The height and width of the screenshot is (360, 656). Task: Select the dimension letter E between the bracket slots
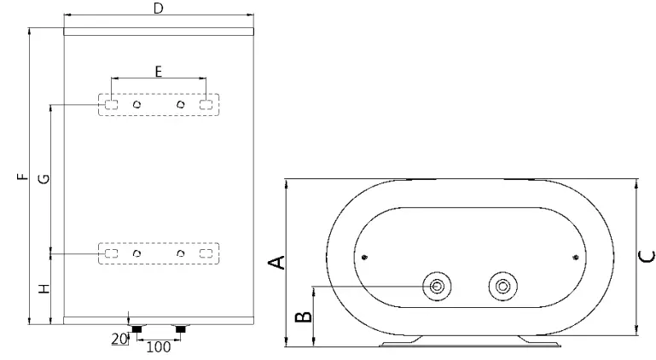click(159, 72)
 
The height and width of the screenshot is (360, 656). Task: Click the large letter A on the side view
click(276, 262)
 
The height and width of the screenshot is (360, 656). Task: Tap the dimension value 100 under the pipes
click(159, 347)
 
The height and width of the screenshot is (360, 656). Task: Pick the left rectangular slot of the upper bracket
click(112, 105)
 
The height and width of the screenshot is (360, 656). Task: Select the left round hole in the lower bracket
click(136, 254)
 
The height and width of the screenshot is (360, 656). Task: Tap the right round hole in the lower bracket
click(180, 254)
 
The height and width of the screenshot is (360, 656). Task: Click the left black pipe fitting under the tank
click(136, 328)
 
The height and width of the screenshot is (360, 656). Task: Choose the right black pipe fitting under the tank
click(180, 328)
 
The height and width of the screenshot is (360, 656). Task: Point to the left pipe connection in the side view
click(438, 286)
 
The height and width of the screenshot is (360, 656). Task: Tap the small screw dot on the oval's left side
click(365, 258)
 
